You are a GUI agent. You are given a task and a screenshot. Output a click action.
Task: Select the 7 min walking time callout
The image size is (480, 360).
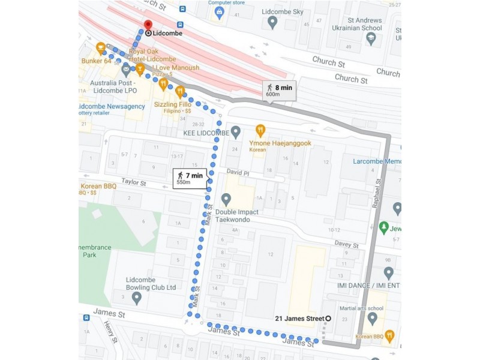point(190,178)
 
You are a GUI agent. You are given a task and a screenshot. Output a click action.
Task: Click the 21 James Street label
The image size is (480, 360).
point(299,318)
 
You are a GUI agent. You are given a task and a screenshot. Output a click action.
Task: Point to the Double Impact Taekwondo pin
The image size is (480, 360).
point(226,199)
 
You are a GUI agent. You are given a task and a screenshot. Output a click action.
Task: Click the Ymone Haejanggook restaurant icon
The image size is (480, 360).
point(260,130)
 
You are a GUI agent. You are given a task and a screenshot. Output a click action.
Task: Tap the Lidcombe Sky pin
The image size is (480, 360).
point(272,22)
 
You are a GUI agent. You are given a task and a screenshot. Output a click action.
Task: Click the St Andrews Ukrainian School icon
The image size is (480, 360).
point(371,38)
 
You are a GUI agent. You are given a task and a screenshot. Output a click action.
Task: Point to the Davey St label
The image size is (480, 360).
point(347,245)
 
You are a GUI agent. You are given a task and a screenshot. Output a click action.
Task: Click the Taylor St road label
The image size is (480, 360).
point(134,181)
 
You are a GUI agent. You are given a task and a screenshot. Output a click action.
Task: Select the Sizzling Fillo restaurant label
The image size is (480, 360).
point(172,104)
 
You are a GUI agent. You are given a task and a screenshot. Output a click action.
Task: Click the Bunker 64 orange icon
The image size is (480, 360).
point(101,48)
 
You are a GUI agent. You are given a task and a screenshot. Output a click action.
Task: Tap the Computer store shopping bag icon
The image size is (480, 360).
point(219,11)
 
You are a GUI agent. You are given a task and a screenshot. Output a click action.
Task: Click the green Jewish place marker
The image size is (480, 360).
point(384,227)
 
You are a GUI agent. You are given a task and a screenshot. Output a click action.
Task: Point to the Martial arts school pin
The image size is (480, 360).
point(372,317)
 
